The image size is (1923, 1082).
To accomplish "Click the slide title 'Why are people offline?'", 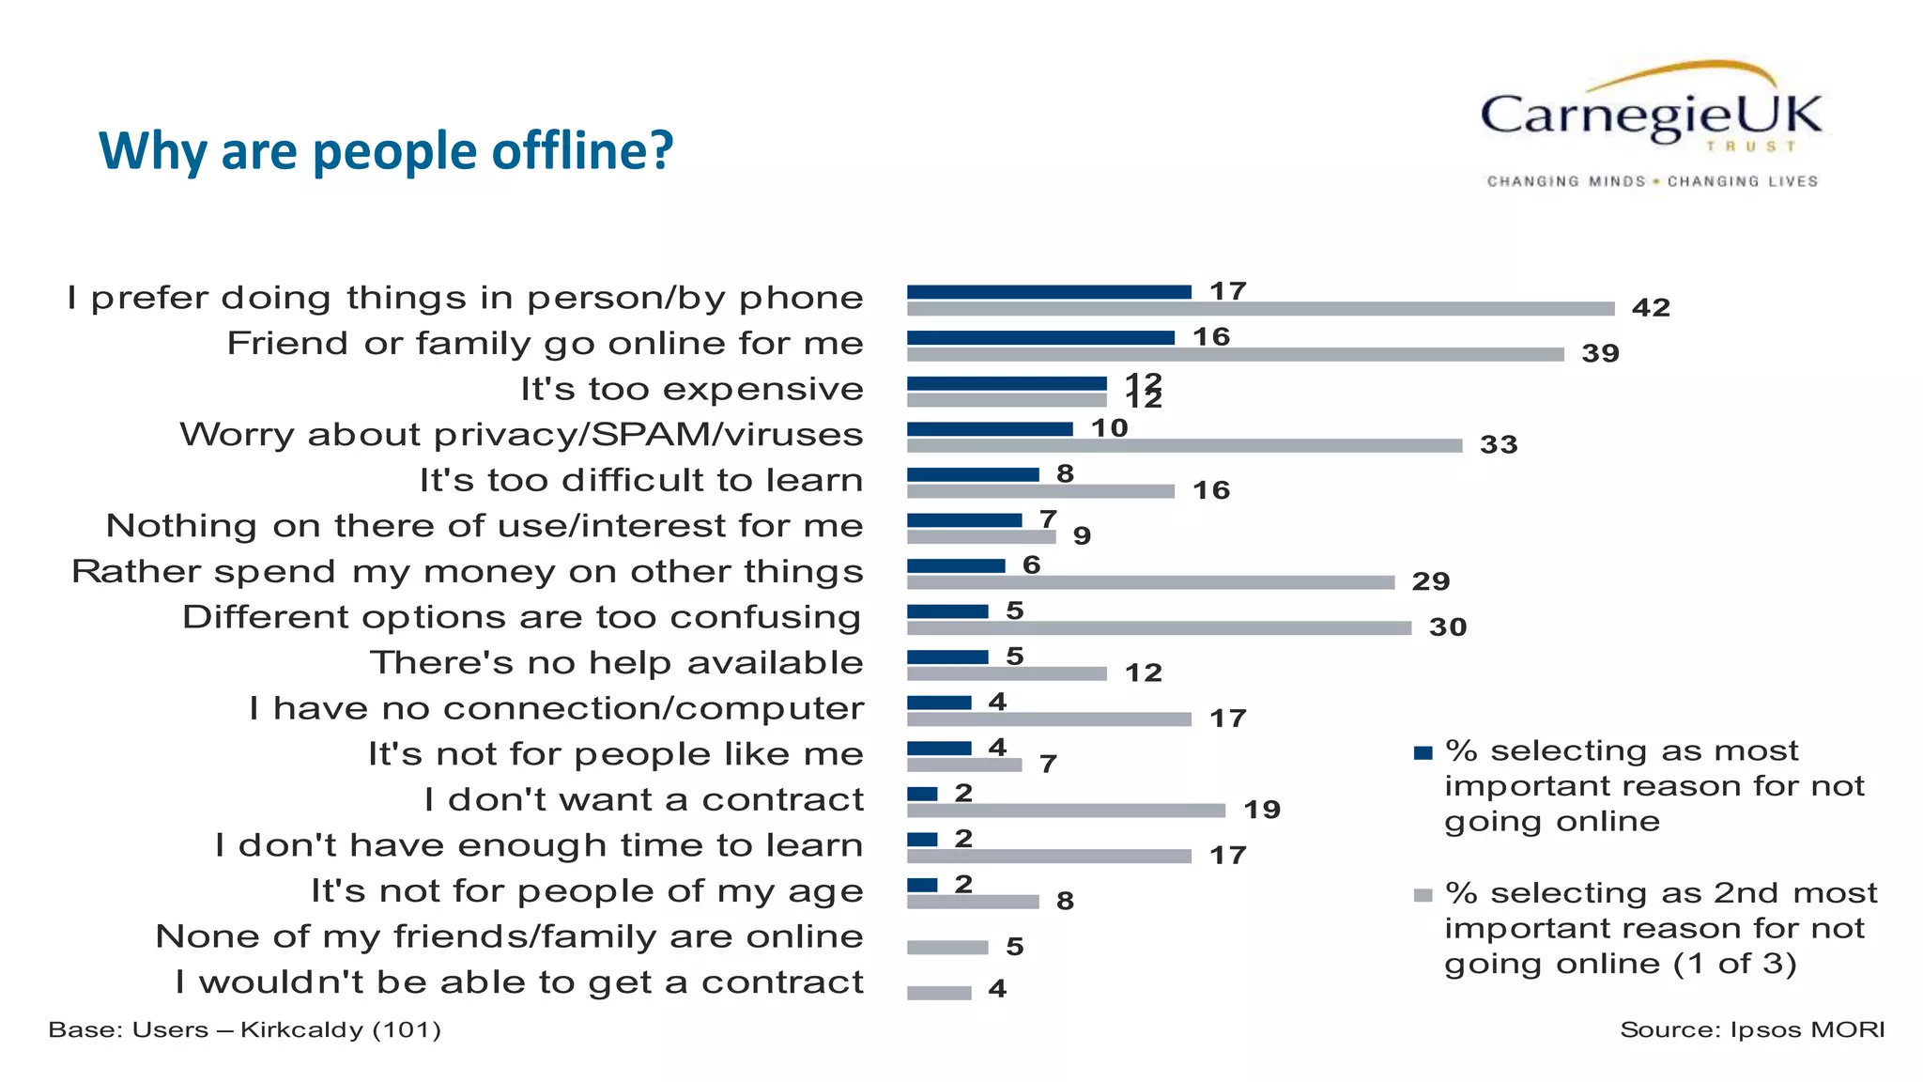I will click(386, 150).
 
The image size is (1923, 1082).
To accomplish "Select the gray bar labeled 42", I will click(1260, 309).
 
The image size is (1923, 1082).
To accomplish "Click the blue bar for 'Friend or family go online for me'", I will click(1040, 338).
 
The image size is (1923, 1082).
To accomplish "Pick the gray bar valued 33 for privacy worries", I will click(1184, 446).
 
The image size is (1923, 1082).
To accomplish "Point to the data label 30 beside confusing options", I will click(1448, 627).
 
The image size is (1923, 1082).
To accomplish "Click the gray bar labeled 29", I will click(1150, 582).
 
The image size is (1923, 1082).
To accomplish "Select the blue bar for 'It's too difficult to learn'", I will click(973, 475).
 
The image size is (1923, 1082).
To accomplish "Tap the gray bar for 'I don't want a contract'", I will click(1066, 811).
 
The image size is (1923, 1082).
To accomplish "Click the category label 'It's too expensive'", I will click(692, 389).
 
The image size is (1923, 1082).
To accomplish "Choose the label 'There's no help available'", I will click(616, 663).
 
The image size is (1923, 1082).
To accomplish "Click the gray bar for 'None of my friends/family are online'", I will click(947, 948).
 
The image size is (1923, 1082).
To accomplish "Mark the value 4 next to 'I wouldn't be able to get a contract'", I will click(997, 989).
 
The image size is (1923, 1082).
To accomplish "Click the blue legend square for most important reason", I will click(1423, 752).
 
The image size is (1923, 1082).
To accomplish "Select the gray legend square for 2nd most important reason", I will click(1423, 895).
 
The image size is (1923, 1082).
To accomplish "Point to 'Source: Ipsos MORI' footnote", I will click(1752, 1030).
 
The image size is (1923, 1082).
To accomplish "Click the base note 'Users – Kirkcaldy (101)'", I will click(244, 1030).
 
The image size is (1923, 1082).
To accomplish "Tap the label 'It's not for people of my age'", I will click(587, 891).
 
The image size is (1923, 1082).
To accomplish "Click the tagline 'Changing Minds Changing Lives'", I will click(1652, 181).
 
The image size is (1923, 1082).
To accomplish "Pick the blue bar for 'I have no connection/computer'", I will click(939, 703).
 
